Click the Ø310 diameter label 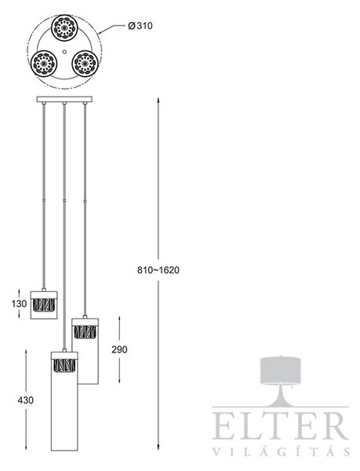[x=140, y=26]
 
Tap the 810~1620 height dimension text [x=158, y=270]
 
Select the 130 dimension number [x=19, y=304]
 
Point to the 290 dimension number [x=119, y=349]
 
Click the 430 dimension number [x=26, y=400]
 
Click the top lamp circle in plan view [x=64, y=27]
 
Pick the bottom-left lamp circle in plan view [x=44, y=64]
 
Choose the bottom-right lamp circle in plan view [x=85, y=64]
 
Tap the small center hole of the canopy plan [x=64, y=52]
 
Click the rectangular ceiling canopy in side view [x=64, y=100]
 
